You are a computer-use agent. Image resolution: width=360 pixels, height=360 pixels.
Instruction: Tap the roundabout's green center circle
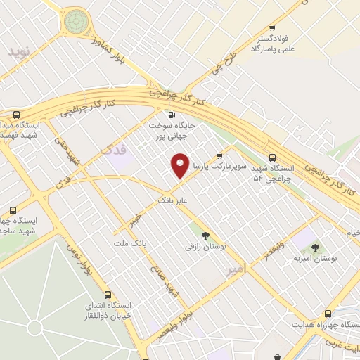click(x=75, y=22)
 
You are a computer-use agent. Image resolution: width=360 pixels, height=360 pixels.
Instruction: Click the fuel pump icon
click(x=171, y=114)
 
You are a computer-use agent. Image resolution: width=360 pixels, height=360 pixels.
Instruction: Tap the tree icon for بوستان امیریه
click(x=315, y=247)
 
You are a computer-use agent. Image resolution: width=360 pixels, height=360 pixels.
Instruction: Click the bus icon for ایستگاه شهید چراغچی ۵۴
click(x=272, y=157)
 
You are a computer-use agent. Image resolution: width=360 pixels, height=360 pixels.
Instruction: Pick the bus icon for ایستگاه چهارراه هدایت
click(x=328, y=314)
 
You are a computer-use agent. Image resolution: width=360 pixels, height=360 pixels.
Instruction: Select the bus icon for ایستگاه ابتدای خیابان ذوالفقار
click(x=108, y=295)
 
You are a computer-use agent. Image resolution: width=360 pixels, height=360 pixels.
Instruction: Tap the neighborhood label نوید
click(x=20, y=52)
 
